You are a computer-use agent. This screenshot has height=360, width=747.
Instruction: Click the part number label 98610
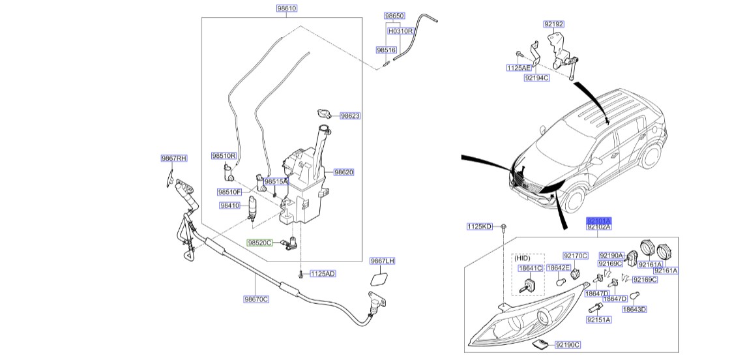287,9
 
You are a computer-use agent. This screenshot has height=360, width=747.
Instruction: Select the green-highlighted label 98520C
259,242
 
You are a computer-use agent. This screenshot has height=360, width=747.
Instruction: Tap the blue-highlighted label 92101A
599,220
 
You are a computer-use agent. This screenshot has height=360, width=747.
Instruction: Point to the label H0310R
402,30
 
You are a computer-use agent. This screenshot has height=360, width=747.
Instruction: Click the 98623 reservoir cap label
349,115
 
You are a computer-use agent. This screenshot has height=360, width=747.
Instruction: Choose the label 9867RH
174,158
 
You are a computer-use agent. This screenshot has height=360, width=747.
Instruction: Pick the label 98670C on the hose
256,299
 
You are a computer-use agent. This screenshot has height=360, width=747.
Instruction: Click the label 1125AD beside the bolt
322,273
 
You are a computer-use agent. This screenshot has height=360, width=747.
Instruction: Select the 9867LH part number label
383,261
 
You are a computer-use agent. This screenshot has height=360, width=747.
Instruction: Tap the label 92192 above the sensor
553,24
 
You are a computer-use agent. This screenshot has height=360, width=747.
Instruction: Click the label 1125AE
519,68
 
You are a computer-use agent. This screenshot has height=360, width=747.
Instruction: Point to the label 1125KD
479,226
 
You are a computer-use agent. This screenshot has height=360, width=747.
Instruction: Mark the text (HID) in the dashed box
523,257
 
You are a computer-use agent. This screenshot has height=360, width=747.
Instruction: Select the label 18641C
530,267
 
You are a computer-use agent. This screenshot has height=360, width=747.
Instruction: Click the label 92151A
598,320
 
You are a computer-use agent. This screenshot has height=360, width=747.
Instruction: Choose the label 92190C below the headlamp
568,344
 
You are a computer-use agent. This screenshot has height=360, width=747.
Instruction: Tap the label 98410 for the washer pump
230,205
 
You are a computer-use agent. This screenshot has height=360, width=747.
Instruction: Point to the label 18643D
634,309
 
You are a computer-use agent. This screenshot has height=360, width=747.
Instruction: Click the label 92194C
536,78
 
